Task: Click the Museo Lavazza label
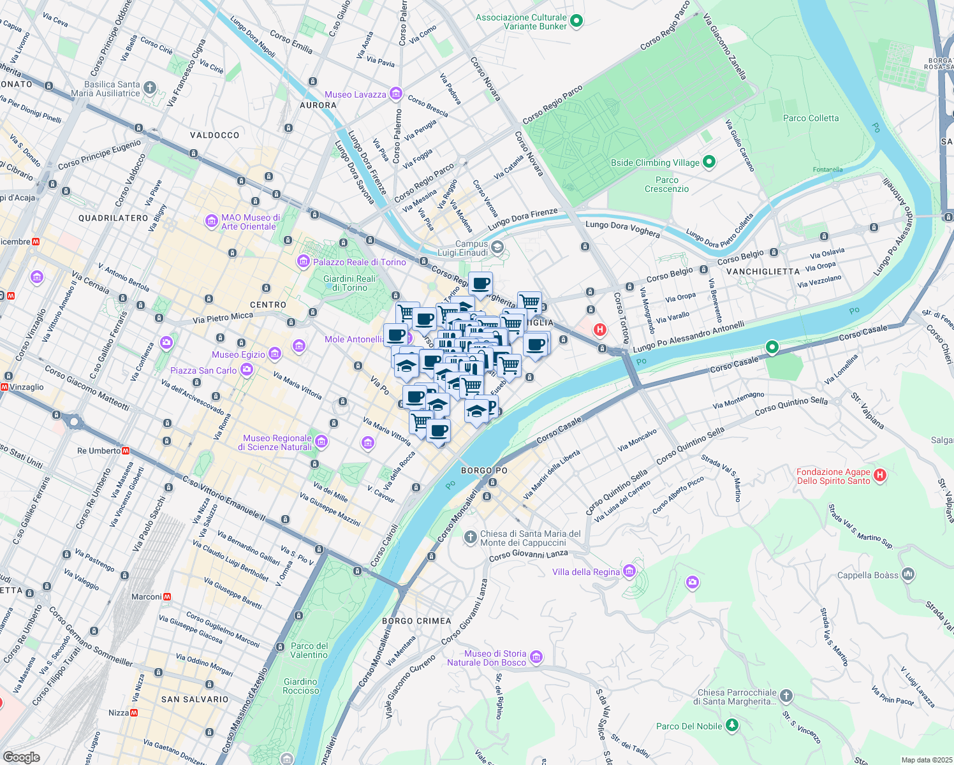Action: pos(355,94)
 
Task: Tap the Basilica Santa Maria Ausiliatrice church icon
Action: pos(149,87)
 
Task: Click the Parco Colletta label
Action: pos(811,118)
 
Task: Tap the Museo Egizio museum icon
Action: pos(274,353)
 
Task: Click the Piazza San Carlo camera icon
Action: pos(247,370)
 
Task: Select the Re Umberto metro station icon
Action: pos(126,451)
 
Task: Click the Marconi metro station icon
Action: pos(167,597)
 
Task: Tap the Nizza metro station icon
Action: pos(134,713)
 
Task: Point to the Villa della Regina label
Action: pos(585,572)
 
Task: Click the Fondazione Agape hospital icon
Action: pos(880,475)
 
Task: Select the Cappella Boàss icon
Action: pos(908,574)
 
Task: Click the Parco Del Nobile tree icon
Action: pos(732,725)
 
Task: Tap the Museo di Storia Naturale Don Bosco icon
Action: pos(536,657)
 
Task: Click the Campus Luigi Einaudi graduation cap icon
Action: pos(497,247)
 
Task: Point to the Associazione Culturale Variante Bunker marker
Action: pos(576,21)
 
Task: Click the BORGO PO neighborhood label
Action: pos(484,470)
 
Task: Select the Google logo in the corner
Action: pos(22,757)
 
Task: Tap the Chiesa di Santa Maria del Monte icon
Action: pos(470,537)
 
